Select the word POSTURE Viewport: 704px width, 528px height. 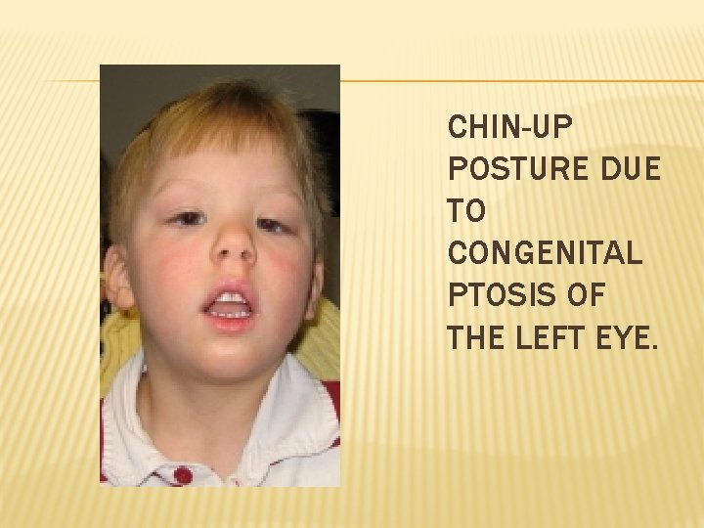[505, 169]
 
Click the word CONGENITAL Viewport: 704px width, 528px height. [545, 253]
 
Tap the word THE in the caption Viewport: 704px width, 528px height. [476, 338]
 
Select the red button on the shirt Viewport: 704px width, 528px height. [183, 475]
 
